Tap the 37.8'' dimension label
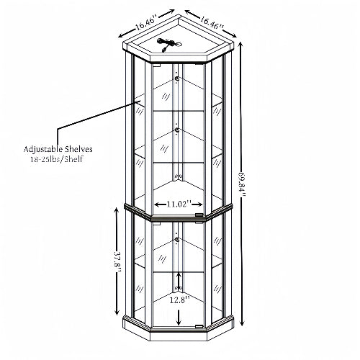pyautogui.click(x=118, y=261)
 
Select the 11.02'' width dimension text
pyautogui.click(x=179, y=204)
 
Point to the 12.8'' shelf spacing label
pyautogui.click(x=180, y=300)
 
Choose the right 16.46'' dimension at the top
pyautogui.click(x=212, y=22)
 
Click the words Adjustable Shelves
pyautogui.click(x=58, y=149)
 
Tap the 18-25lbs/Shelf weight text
pyautogui.click(x=57, y=159)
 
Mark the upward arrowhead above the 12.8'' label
pyautogui.click(x=178, y=274)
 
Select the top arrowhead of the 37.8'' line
pyautogui.click(x=117, y=211)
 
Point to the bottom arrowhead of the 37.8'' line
pyautogui.click(x=117, y=312)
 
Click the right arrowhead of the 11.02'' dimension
pyautogui.click(x=200, y=204)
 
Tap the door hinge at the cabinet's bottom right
pyautogui.click(x=199, y=326)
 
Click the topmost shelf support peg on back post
pyautogui.click(x=177, y=78)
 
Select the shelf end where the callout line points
pyautogui.click(x=139, y=101)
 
